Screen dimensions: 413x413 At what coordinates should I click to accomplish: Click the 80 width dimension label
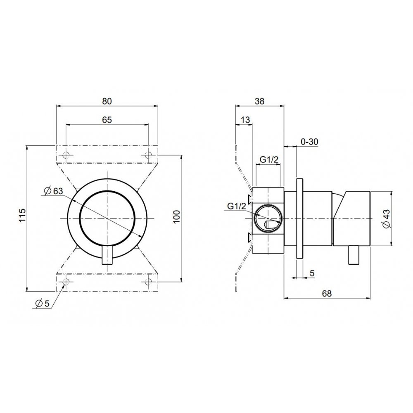point(107,101)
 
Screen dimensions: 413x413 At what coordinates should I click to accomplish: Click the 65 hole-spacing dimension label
point(107,120)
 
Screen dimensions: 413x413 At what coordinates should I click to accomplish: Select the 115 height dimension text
point(22,215)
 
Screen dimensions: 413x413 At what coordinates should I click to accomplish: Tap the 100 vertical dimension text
point(176,216)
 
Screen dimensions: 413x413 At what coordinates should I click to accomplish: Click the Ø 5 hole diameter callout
point(42,304)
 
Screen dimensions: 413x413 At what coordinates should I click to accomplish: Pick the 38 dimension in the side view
point(259,101)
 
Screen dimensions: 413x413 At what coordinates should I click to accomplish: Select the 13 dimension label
point(245,120)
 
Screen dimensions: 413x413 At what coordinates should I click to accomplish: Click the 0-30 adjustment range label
point(309,142)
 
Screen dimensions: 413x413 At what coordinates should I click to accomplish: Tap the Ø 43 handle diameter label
point(387,218)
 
